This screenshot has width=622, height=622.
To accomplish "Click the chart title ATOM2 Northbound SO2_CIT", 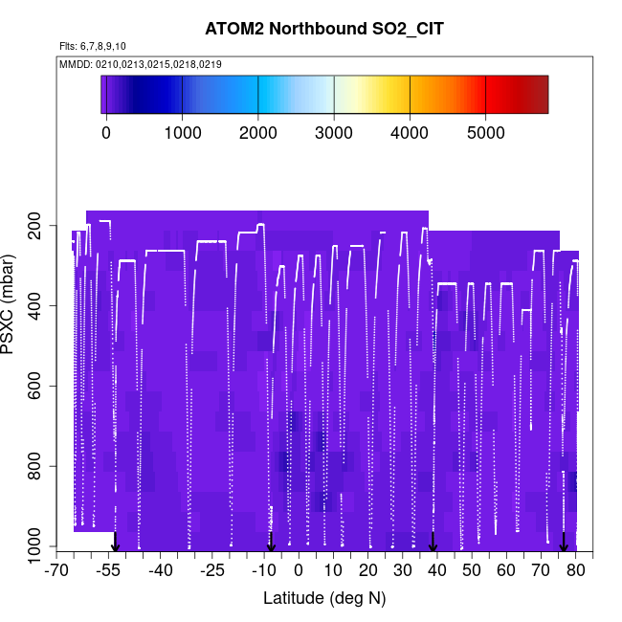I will (324, 30).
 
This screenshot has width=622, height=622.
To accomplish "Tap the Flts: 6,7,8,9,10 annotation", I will (92, 46).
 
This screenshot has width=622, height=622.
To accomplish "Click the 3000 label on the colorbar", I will (334, 133).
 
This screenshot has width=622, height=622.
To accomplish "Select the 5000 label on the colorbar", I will (485, 133).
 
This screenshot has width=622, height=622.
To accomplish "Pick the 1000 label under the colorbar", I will (182, 133).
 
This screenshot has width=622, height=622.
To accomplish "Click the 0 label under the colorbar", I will (106, 133).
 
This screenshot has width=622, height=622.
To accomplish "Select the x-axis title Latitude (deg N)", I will (324, 598).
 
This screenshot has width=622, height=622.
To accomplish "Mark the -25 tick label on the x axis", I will (212, 571).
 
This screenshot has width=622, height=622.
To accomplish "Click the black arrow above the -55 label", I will (115, 543).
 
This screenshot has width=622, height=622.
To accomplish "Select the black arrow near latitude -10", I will (271, 543).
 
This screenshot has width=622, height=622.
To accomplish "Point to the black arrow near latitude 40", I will (433, 543).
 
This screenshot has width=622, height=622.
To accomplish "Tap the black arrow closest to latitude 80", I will (564, 543).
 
